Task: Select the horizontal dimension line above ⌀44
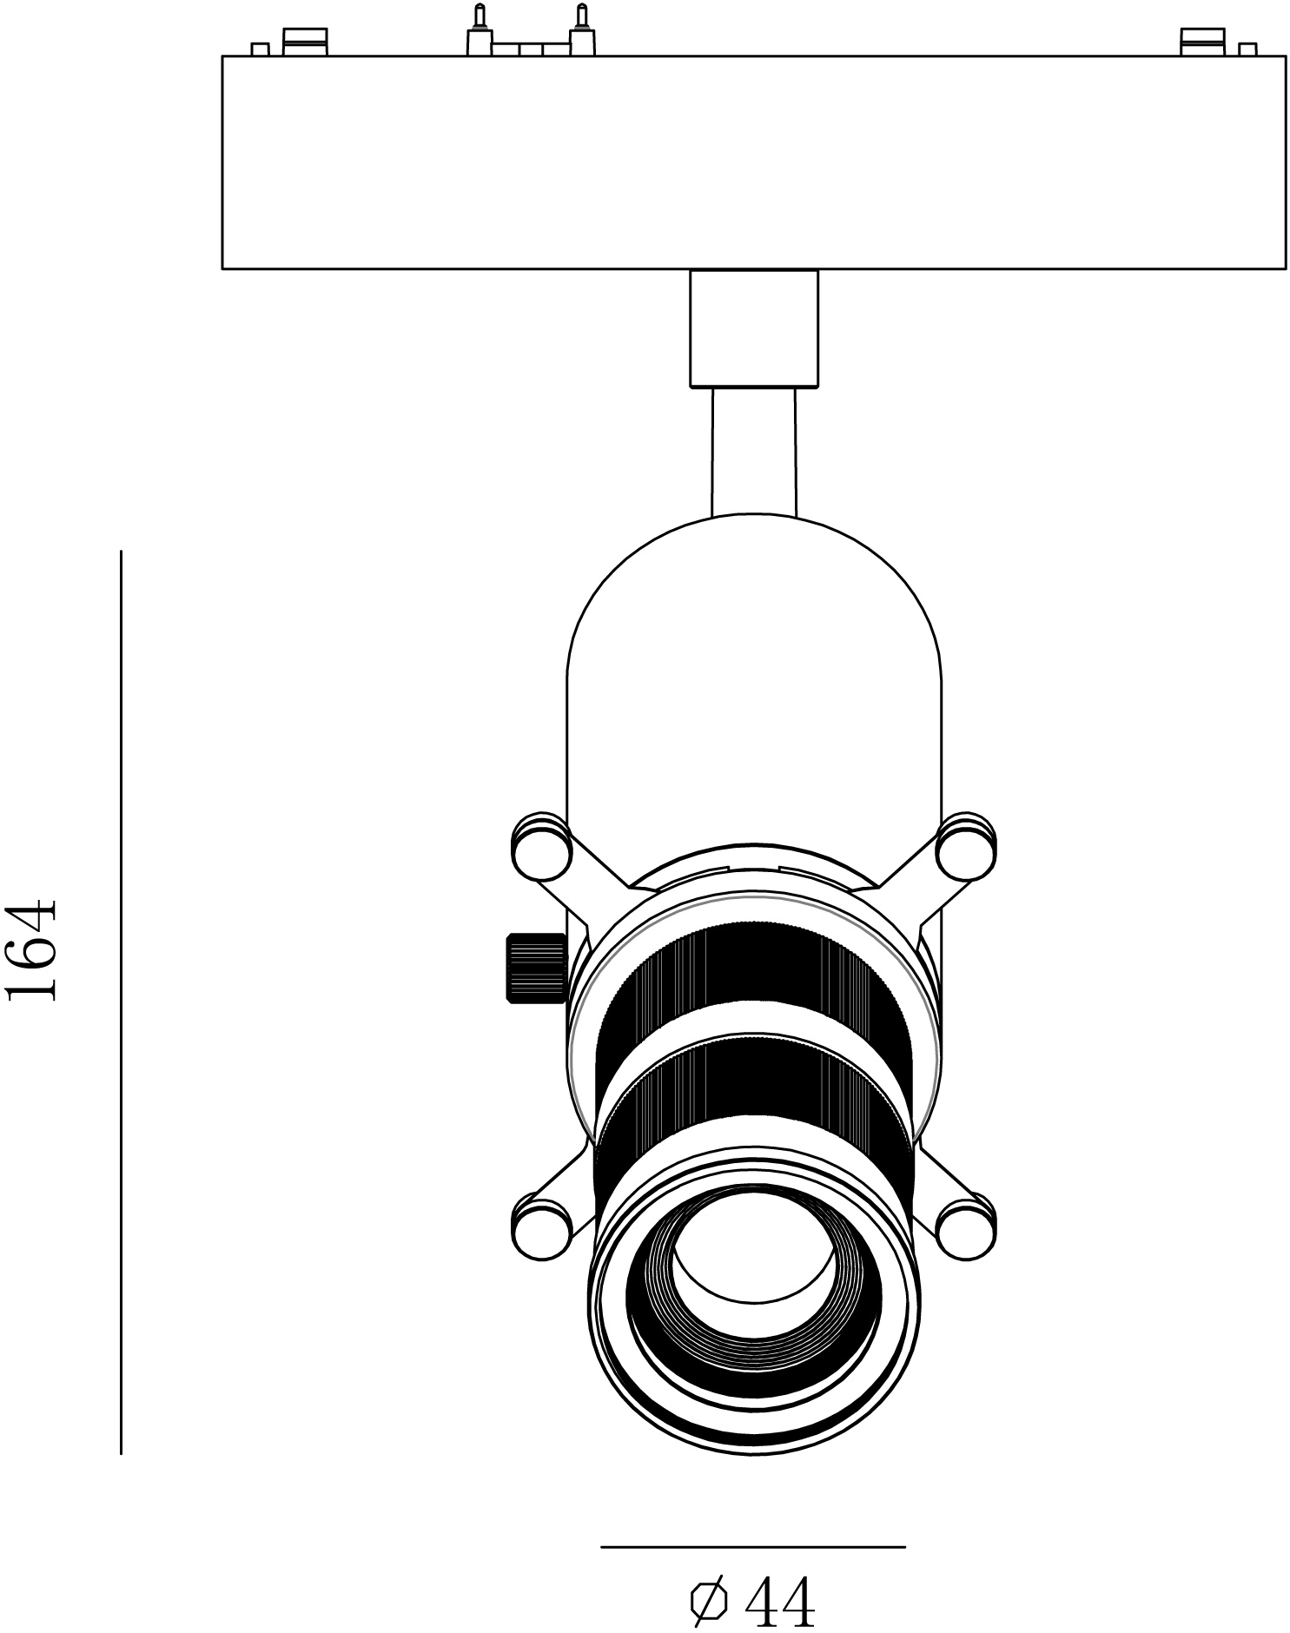(x=753, y=1547)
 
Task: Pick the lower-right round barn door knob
(x=966, y=1226)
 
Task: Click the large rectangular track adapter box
(x=754, y=162)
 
